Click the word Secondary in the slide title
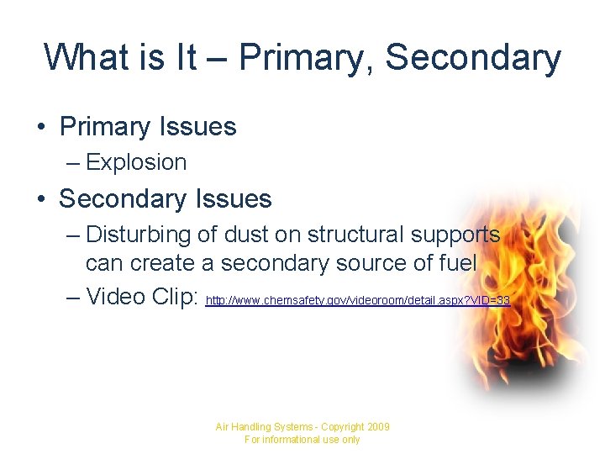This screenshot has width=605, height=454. (473, 57)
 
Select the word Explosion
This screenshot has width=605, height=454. (136, 162)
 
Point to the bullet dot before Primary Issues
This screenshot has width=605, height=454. (39, 128)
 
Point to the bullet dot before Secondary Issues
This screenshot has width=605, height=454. (39, 200)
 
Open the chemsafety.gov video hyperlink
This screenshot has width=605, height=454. (357, 299)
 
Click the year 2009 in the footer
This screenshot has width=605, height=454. (376, 427)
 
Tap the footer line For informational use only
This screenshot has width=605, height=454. (302, 440)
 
